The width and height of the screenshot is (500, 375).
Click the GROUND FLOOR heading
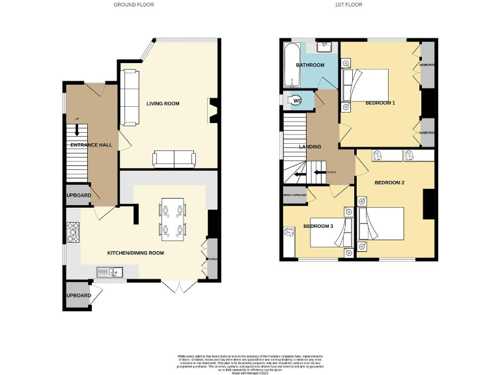pos(134,5)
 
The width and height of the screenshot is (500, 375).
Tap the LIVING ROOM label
pos(163,104)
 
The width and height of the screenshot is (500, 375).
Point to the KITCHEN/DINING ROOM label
pos(136,253)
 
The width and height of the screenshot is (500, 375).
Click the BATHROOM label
pos(310,66)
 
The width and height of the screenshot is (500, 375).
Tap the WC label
pos(297,100)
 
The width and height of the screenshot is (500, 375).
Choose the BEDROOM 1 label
pos(380,104)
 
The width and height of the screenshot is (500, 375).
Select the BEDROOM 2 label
pos(389,182)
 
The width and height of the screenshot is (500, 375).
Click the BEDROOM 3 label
pos(318,227)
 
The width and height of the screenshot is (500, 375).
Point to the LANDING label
pos(310,146)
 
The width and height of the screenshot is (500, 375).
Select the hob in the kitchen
pos(72,230)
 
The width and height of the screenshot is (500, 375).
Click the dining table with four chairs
pos(173,219)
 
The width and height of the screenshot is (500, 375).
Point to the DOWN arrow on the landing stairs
pos(319,173)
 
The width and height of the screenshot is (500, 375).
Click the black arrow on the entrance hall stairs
pos(77,130)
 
